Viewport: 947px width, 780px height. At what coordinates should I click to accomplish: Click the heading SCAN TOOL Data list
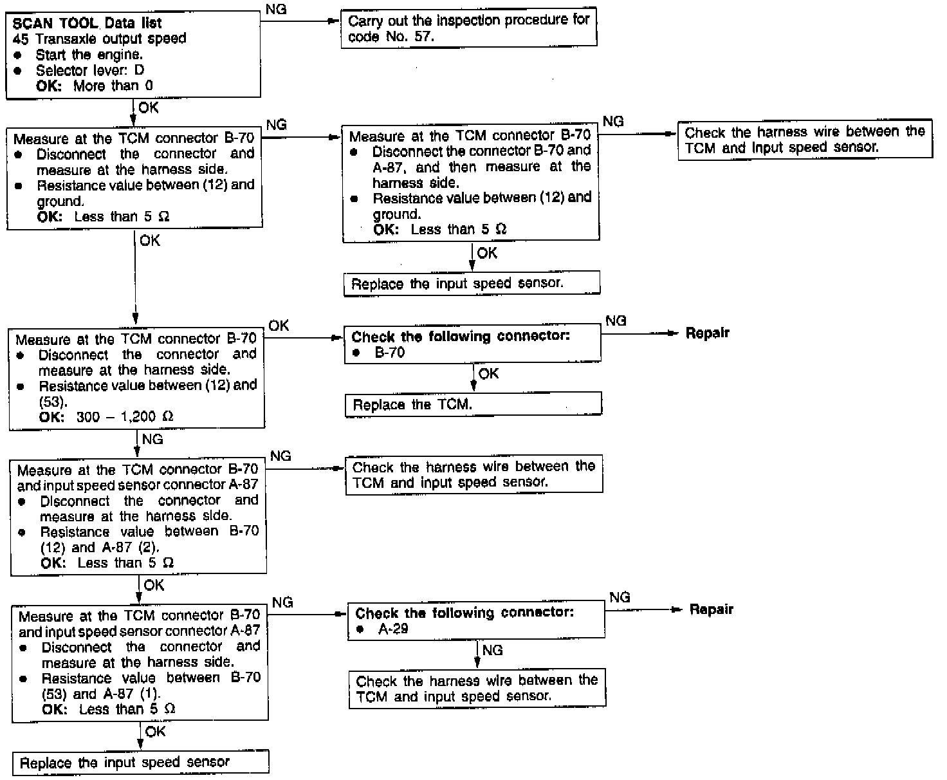[x=87, y=23]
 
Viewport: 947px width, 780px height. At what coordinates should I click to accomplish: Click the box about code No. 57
[x=468, y=28]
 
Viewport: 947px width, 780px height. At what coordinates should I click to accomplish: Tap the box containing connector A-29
[x=476, y=620]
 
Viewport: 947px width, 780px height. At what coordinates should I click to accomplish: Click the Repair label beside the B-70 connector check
[x=707, y=333]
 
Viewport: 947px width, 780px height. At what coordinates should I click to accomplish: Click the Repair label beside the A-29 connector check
[x=711, y=609]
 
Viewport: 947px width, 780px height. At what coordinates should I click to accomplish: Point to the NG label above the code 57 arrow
[x=276, y=10]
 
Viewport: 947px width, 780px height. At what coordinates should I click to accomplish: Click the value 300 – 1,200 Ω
[x=125, y=417]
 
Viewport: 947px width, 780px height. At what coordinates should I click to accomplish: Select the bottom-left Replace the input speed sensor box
[x=140, y=763]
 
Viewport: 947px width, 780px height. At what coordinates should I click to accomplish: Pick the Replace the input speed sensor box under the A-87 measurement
[x=472, y=284]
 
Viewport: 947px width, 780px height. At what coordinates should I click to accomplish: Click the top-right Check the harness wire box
[x=804, y=140]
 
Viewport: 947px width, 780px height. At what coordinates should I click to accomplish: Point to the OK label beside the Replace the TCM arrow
[x=489, y=374]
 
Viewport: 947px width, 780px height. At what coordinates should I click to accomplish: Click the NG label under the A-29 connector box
[x=492, y=651]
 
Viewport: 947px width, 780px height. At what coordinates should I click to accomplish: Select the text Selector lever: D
[x=90, y=70]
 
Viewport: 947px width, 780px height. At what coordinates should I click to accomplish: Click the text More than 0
[x=113, y=86]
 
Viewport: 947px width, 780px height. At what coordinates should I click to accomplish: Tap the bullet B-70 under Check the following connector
[x=390, y=353]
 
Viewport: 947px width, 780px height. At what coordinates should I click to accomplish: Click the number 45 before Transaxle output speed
[x=20, y=39]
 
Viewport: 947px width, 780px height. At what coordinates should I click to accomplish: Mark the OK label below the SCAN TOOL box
[x=148, y=107]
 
